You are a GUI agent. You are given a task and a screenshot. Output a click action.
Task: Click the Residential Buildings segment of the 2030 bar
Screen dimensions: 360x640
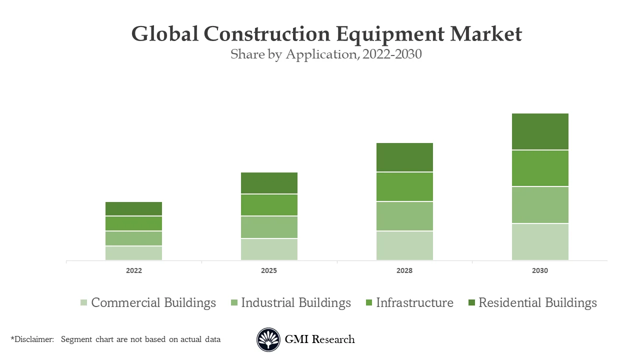pos(540,131)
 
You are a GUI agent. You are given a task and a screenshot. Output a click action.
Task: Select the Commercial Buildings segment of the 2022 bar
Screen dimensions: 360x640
pos(133,253)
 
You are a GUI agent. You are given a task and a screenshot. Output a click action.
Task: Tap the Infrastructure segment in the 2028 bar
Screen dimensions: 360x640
pos(404,186)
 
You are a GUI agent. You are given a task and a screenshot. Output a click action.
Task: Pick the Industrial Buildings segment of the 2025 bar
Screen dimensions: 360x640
pos(269,227)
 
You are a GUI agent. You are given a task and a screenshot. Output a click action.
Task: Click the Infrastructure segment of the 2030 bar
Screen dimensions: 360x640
pos(540,168)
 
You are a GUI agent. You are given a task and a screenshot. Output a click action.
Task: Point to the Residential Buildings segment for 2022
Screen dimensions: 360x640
pos(133,208)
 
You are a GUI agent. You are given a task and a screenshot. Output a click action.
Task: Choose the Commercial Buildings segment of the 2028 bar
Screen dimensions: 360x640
pos(404,245)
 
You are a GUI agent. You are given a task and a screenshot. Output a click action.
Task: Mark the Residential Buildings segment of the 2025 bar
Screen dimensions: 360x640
pos(269,183)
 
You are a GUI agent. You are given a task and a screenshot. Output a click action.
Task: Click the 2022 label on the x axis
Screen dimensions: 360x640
pos(133,270)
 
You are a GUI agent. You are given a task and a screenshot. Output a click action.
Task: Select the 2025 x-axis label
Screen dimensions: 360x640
pos(269,270)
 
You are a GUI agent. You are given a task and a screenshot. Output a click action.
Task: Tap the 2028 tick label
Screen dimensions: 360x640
pos(404,270)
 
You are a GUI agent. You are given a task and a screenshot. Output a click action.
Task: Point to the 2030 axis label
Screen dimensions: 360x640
pos(540,270)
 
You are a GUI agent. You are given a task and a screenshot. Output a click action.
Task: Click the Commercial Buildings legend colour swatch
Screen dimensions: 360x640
pos(83,302)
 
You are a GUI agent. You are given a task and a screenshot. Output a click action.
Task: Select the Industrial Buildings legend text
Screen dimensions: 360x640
pos(295,302)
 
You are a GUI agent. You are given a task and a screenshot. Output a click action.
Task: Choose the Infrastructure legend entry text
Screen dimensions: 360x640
pos(414,302)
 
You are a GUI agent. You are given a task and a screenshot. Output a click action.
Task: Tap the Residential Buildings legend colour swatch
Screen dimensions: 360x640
pos(471,302)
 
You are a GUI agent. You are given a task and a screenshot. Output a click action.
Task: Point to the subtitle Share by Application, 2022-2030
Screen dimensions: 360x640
pos(326,54)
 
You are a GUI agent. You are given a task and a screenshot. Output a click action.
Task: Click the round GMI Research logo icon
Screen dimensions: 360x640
pos(268,339)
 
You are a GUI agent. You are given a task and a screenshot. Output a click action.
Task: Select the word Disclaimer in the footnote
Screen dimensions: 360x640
pos(33,339)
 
